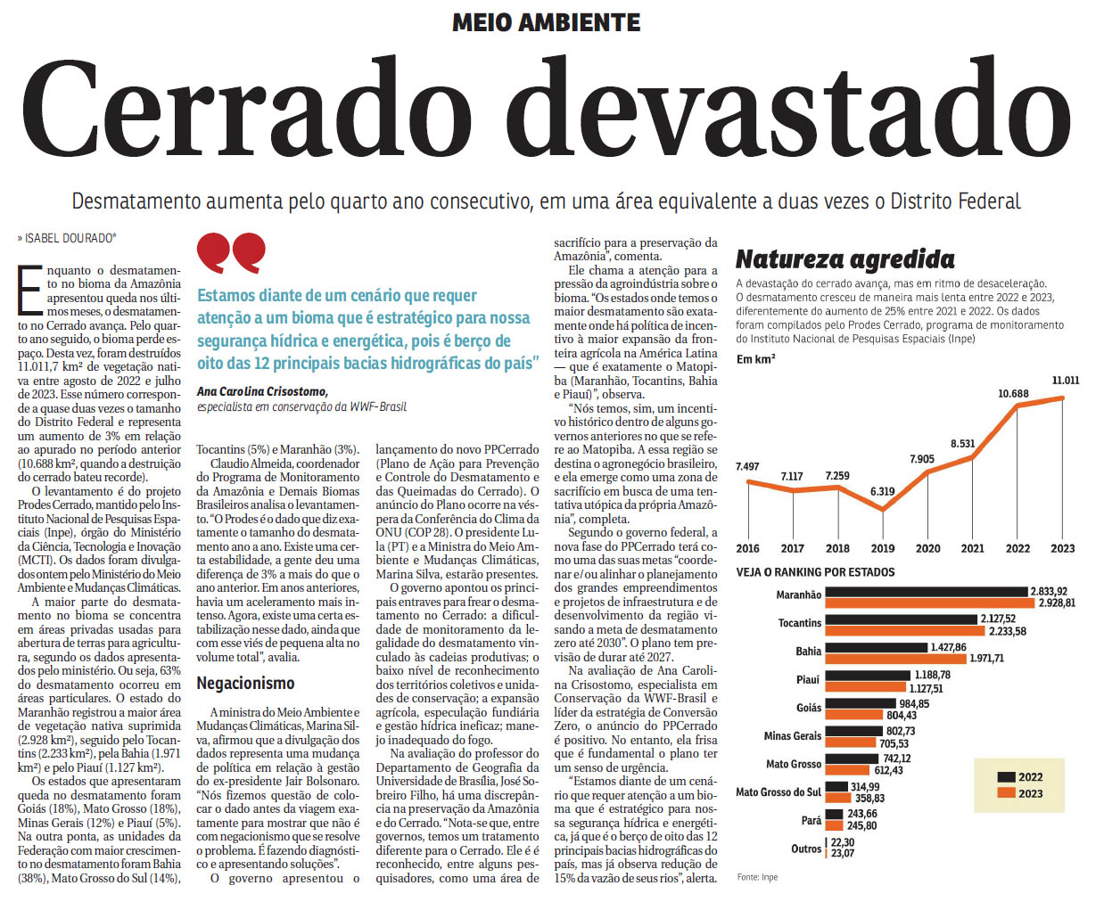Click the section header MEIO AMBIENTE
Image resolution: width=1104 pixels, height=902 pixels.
coord(546,22)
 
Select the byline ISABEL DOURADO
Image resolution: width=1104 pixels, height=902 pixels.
coord(69,238)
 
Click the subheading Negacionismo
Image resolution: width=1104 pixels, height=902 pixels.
coord(245,684)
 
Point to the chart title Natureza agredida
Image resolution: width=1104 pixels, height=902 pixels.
coord(844,259)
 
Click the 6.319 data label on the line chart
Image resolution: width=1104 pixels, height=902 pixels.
coord(882,491)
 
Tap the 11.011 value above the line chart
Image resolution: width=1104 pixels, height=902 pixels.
coord(1065,381)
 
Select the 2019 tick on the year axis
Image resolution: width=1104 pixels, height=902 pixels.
coord(882,548)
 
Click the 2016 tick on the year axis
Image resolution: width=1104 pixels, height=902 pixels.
coord(747,548)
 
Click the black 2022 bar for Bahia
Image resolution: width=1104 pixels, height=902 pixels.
coord(876,648)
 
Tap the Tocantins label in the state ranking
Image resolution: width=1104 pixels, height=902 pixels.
coord(799,623)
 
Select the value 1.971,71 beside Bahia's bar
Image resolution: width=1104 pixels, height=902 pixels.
coord(986,659)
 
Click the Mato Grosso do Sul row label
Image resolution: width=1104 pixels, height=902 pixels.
coord(778,791)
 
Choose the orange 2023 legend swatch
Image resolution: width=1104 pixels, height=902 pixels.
coord(1006,793)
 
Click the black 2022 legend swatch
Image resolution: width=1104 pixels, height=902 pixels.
coord(1006,777)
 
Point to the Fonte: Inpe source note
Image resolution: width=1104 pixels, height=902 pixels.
coord(757,878)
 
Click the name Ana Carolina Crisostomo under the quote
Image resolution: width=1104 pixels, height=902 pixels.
coord(262,391)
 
